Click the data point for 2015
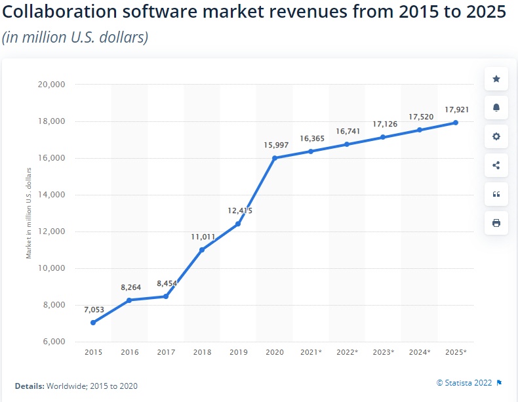point(93,323)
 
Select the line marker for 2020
point(274,158)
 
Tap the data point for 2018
point(202,250)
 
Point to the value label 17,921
point(455,110)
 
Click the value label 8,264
point(131,287)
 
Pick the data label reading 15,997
point(276,144)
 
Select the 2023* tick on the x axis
point(383,353)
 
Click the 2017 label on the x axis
point(166,353)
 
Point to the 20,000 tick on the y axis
point(51,85)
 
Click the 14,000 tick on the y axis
point(51,195)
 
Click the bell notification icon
point(496,108)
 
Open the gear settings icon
point(496,136)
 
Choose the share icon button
point(496,165)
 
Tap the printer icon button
point(496,223)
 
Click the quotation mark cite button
point(496,194)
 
